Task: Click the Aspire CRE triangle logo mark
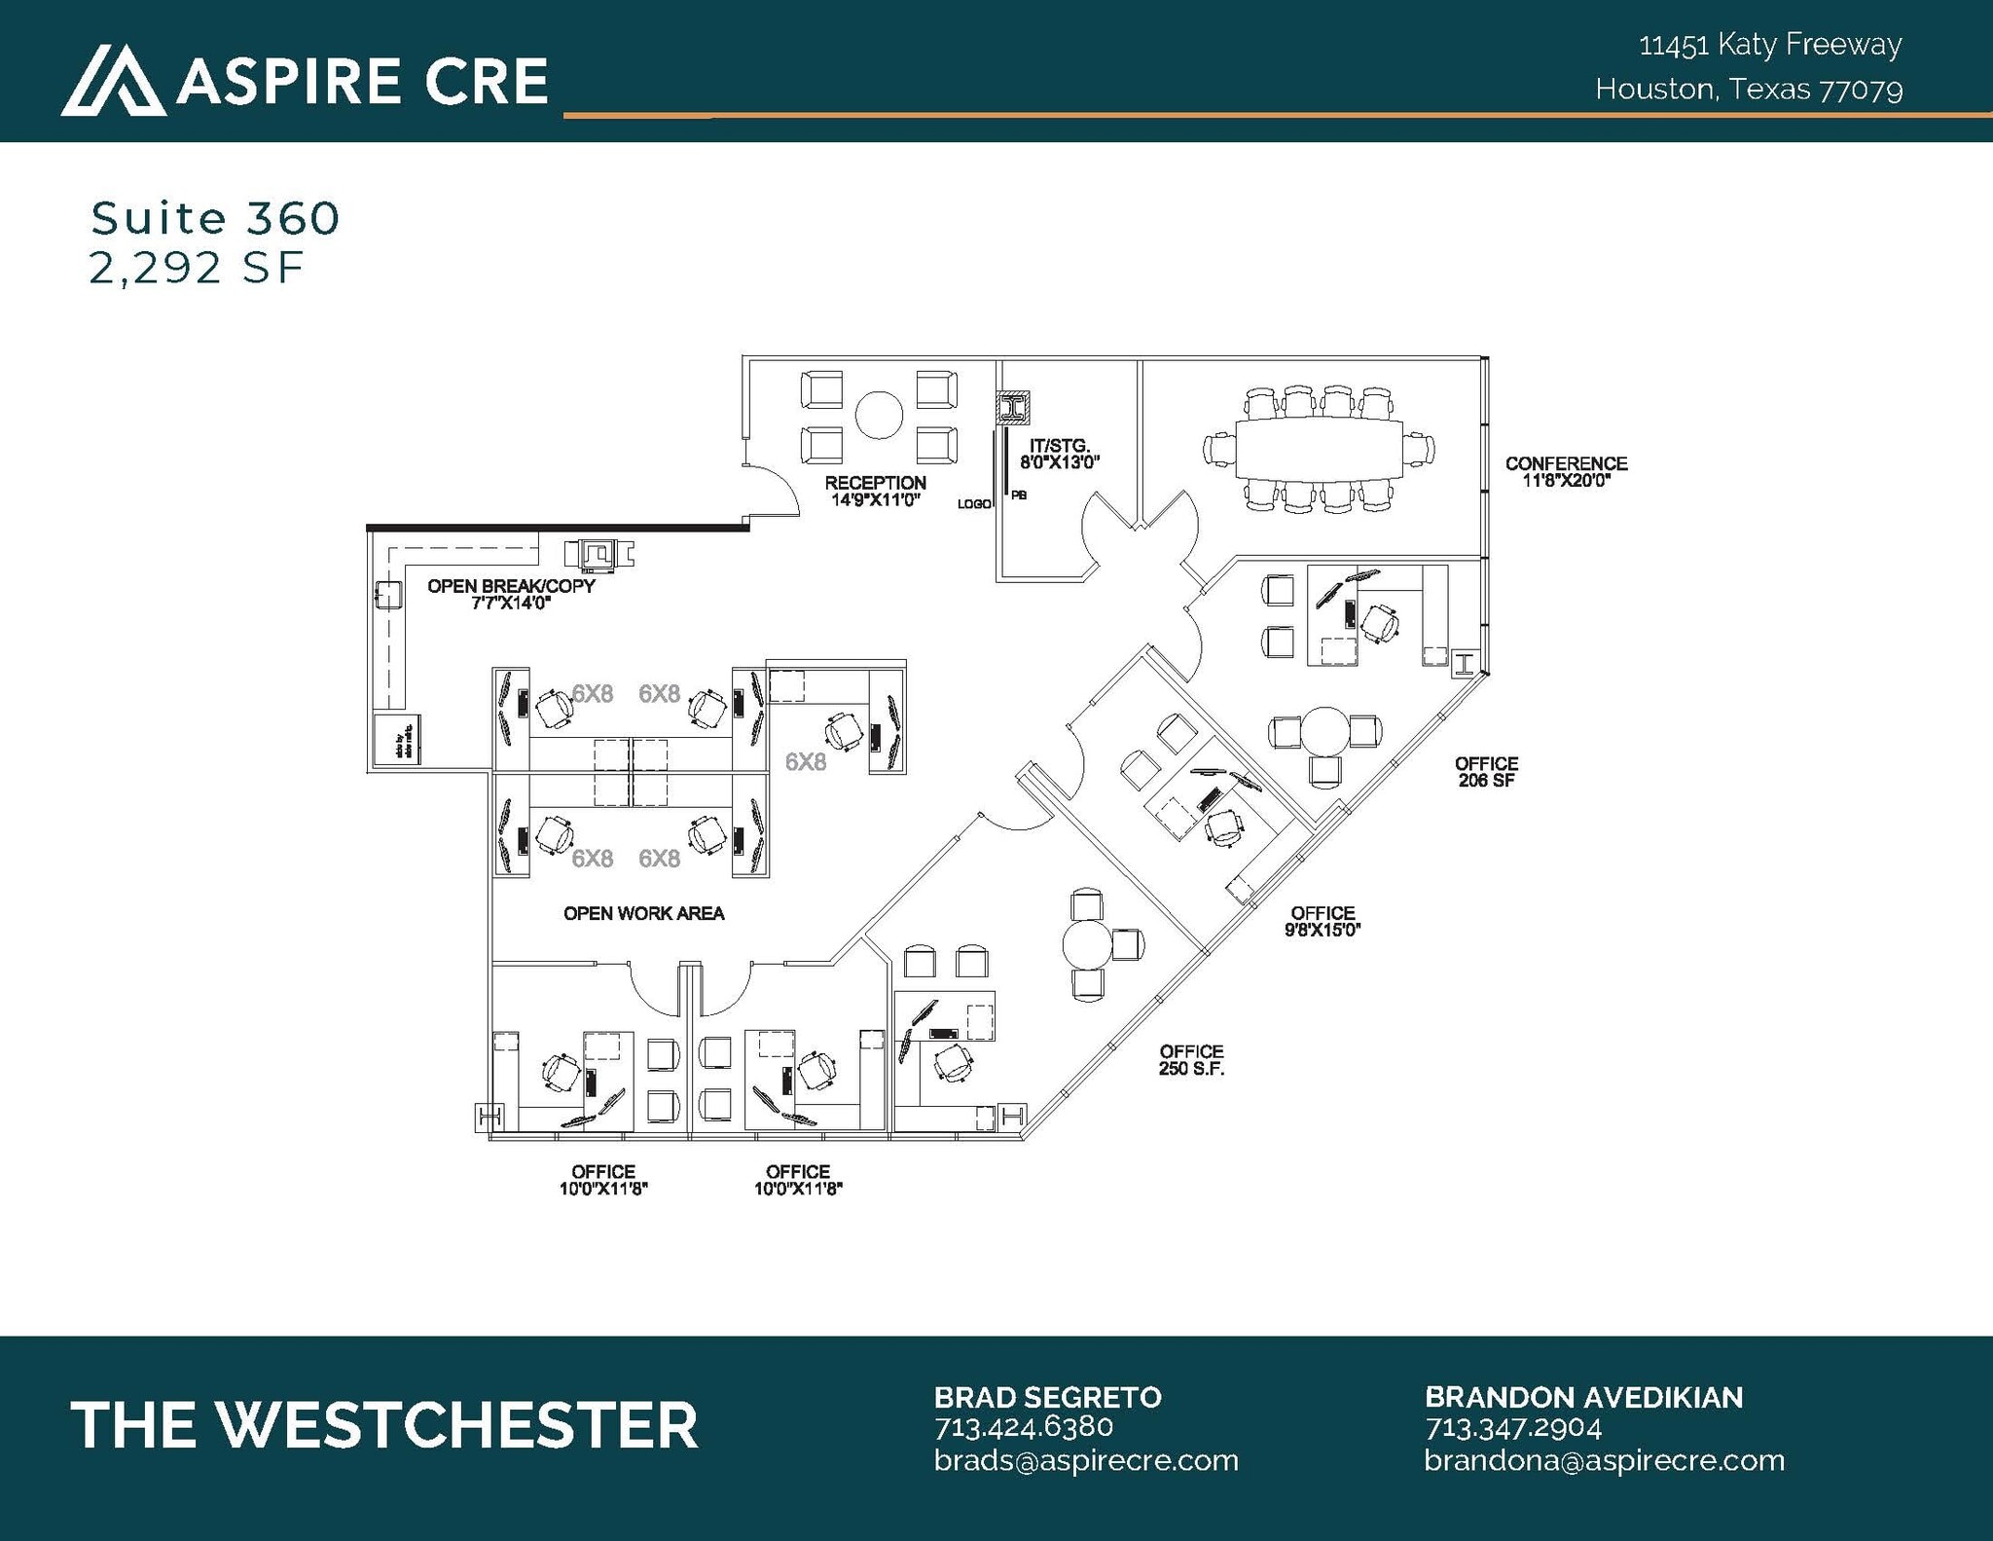click(112, 81)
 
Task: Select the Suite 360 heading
click(215, 218)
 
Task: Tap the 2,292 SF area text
click(197, 268)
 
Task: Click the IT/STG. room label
click(1059, 454)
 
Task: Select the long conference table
click(1319, 449)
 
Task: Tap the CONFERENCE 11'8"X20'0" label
click(1566, 471)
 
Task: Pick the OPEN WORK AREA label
click(643, 913)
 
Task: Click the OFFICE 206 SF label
click(1486, 772)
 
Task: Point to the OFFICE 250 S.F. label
click(1191, 1060)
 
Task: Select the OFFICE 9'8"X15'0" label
click(1323, 921)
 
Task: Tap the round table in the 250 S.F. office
click(1087, 943)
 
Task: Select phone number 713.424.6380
click(1023, 1427)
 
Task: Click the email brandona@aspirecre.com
click(1604, 1460)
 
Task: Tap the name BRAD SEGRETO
click(1047, 1397)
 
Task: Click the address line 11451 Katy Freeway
click(1770, 45)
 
